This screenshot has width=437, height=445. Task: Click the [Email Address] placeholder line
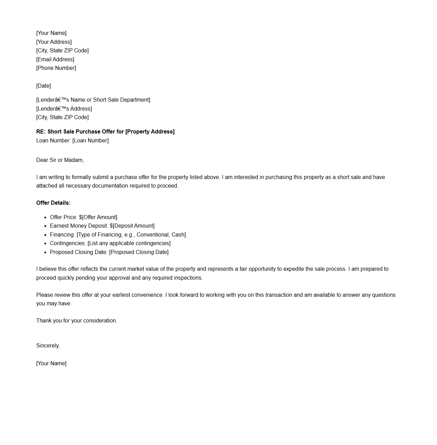(x=55, y=59)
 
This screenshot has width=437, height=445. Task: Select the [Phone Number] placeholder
(x=56, y=68)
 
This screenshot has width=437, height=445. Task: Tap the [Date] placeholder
(x=43, y=86)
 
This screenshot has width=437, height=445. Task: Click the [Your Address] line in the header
(x=54, y=42)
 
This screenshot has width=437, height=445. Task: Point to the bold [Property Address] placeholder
(x=150, y=131)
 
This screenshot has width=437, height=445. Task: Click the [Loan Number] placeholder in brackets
(x=91, y=140)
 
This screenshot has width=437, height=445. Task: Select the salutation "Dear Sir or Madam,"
(x=60, y=160)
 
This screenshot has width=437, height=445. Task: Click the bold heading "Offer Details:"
(x=53, y=203)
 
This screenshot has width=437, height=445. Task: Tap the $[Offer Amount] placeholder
(x=98, y=217)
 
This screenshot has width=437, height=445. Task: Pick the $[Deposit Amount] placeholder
(x=132, y=226)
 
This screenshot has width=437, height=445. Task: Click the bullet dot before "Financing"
(x=45, y=235)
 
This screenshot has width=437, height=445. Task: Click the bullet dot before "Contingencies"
(x=45, y=243)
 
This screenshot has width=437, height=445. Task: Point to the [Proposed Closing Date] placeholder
(x=139, y=252)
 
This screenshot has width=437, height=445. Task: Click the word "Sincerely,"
(x=48, y=345)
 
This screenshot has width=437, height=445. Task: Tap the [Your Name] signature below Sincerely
(x=51, y=363)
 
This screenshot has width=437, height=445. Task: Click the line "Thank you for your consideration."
(x=77, y=320)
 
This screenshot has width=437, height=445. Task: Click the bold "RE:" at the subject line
(x=41, y=131)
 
